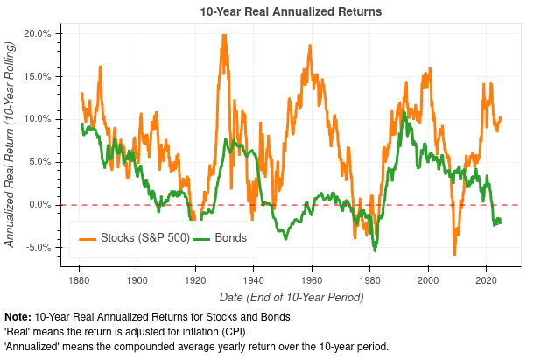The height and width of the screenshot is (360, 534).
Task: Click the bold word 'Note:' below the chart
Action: (x=18, y=316)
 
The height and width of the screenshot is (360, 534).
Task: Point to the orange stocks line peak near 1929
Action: (x=224, y=36)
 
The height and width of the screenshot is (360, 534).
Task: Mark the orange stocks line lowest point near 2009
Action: (x=454, y=254)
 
